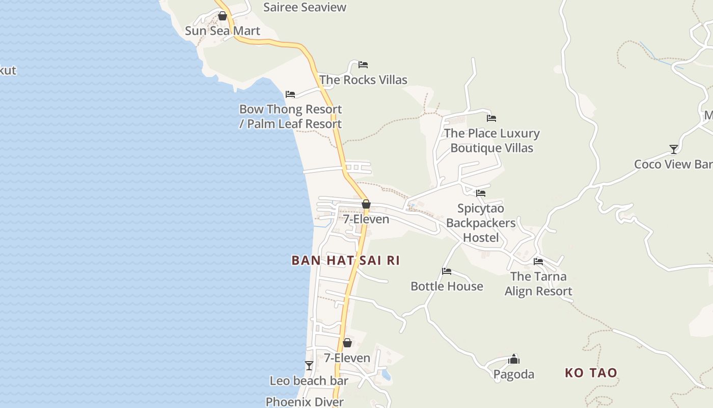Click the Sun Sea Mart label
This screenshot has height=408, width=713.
point(223,31)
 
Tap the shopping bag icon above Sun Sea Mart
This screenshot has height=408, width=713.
point(223,16)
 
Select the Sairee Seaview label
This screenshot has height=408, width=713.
point(305,7)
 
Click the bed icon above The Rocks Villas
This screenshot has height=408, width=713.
point(363,65)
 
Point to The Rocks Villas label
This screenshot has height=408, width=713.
point(363,80)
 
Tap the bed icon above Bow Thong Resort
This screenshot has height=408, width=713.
point(290,94)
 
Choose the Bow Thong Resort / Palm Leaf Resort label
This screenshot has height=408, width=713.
point(290,116)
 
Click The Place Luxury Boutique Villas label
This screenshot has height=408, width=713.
point(492,140)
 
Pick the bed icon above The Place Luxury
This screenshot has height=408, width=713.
point(491,118)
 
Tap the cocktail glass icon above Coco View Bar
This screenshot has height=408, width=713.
point(674,149)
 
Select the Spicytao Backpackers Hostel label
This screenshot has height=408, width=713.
point(481,223)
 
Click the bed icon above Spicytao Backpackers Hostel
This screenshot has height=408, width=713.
point(481,193)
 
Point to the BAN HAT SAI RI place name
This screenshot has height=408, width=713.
point(345,261)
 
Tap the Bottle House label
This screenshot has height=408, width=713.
point(447,286)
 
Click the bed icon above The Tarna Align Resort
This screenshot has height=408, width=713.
point(538,262)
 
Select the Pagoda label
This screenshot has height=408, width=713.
point(514,374)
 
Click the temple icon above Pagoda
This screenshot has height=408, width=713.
point(514,359)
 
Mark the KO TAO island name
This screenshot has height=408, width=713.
point(591,373)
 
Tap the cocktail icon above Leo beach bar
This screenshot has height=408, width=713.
point(309,366)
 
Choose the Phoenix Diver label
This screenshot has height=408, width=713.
point(305,402)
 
